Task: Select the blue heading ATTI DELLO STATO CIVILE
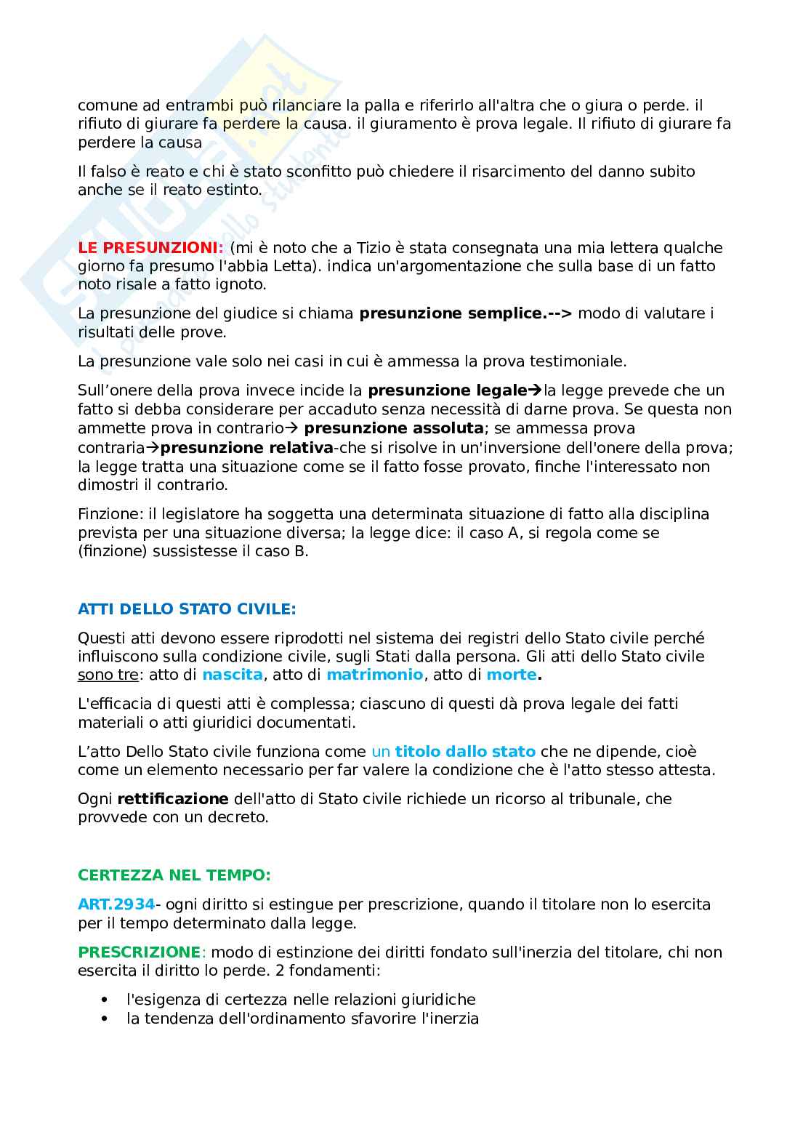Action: point(187,609)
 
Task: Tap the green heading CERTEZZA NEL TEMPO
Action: point(174,875)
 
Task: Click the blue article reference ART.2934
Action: point(116,904)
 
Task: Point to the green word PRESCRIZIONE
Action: point(139,952)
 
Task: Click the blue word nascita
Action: point(232,675)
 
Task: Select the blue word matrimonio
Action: point(374,675)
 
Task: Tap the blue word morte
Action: point(512,675)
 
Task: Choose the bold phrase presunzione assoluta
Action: point(393,428)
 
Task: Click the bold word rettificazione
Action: point(173,798)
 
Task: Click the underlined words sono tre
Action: point(108,675)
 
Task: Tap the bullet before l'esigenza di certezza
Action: point(108,1000)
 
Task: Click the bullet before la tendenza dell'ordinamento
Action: point(108,1019)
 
